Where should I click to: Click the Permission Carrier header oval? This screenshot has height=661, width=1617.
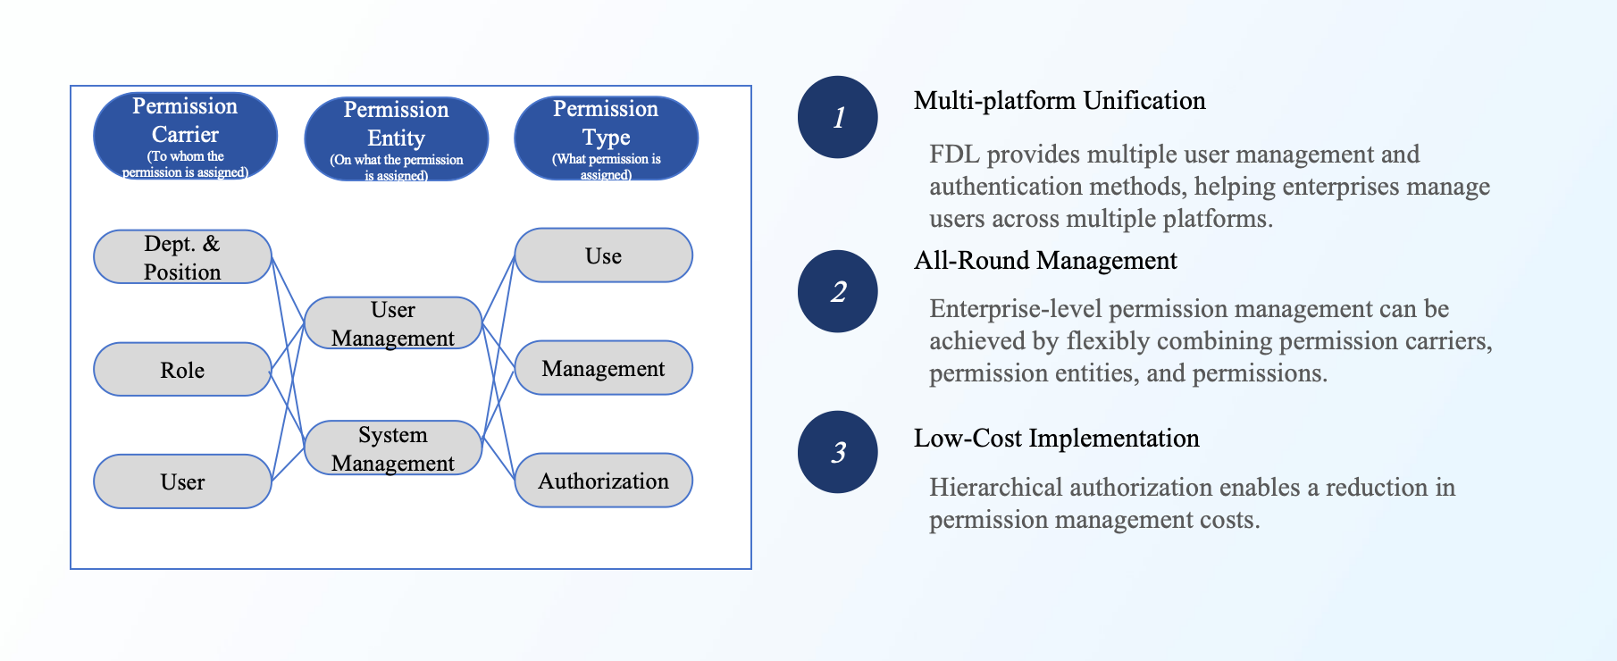tap(185, 136)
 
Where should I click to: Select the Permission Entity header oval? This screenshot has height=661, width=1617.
tap(396, 139)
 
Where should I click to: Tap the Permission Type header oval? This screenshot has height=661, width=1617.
tap(606, 138)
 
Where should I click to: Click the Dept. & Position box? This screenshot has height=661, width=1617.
tap(182, 257)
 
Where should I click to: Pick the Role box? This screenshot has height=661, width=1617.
tap(182, 370)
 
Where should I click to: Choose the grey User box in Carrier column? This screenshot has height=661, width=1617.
tap(182, 481)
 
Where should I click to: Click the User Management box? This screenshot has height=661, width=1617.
tap(393, 323)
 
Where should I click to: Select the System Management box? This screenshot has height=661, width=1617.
tap(393, 448)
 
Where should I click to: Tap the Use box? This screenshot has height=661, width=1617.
tap(603, 255)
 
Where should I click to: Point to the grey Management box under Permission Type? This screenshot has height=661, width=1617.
tap(603, 368)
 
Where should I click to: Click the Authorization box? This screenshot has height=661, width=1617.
tap(603, 481)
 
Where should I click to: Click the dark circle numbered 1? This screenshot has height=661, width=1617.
tap(837, 117)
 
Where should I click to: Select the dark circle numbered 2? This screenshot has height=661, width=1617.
tap(837, 291)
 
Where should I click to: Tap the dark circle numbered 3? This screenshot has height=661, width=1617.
tap(837, 452)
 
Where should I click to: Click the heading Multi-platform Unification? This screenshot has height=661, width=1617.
tap(1060, 101)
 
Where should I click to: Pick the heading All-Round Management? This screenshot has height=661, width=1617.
tap(1045, 261)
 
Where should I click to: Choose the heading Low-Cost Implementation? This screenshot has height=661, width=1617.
tap(1056, 439)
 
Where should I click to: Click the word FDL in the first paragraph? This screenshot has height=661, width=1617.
tap(954, 155)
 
